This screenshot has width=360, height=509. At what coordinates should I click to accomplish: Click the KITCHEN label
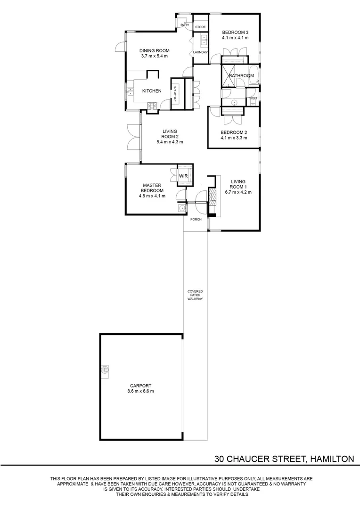[x=152, y=91]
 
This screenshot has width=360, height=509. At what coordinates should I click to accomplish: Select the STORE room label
[x=200, y=27]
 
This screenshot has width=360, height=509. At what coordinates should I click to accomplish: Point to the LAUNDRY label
[x=200, y=52]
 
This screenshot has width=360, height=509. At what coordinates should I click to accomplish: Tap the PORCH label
[x=196, y=220]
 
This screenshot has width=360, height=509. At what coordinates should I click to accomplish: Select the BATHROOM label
[x=241, y=75]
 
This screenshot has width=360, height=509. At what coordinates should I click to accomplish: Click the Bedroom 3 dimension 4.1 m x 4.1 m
[x=235, y=38]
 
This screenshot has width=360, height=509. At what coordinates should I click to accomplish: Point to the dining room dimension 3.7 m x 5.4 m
[x=154, y=56]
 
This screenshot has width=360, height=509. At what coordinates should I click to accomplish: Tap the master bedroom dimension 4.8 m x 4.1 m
[x=152, y=196]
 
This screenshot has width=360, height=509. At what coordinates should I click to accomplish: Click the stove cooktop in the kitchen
[x=154, y=107]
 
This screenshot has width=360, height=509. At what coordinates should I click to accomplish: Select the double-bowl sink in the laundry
[x=205, y=40]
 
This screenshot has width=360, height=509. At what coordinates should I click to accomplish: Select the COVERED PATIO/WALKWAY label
[x=195, y=295]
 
